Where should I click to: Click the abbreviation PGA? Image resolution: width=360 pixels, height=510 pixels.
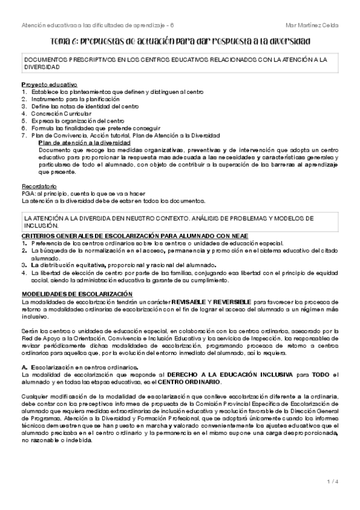pos(28,194)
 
